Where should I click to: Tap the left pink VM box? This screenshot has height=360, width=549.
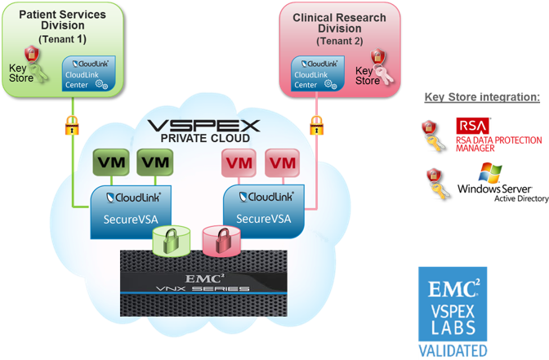coord(238,163)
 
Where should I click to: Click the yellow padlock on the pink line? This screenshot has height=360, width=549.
coord(317,125)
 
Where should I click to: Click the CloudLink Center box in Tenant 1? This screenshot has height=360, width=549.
coord(90,73)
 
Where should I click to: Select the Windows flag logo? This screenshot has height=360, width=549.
coord(490,174)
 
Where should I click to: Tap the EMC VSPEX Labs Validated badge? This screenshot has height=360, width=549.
coord(453,313)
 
